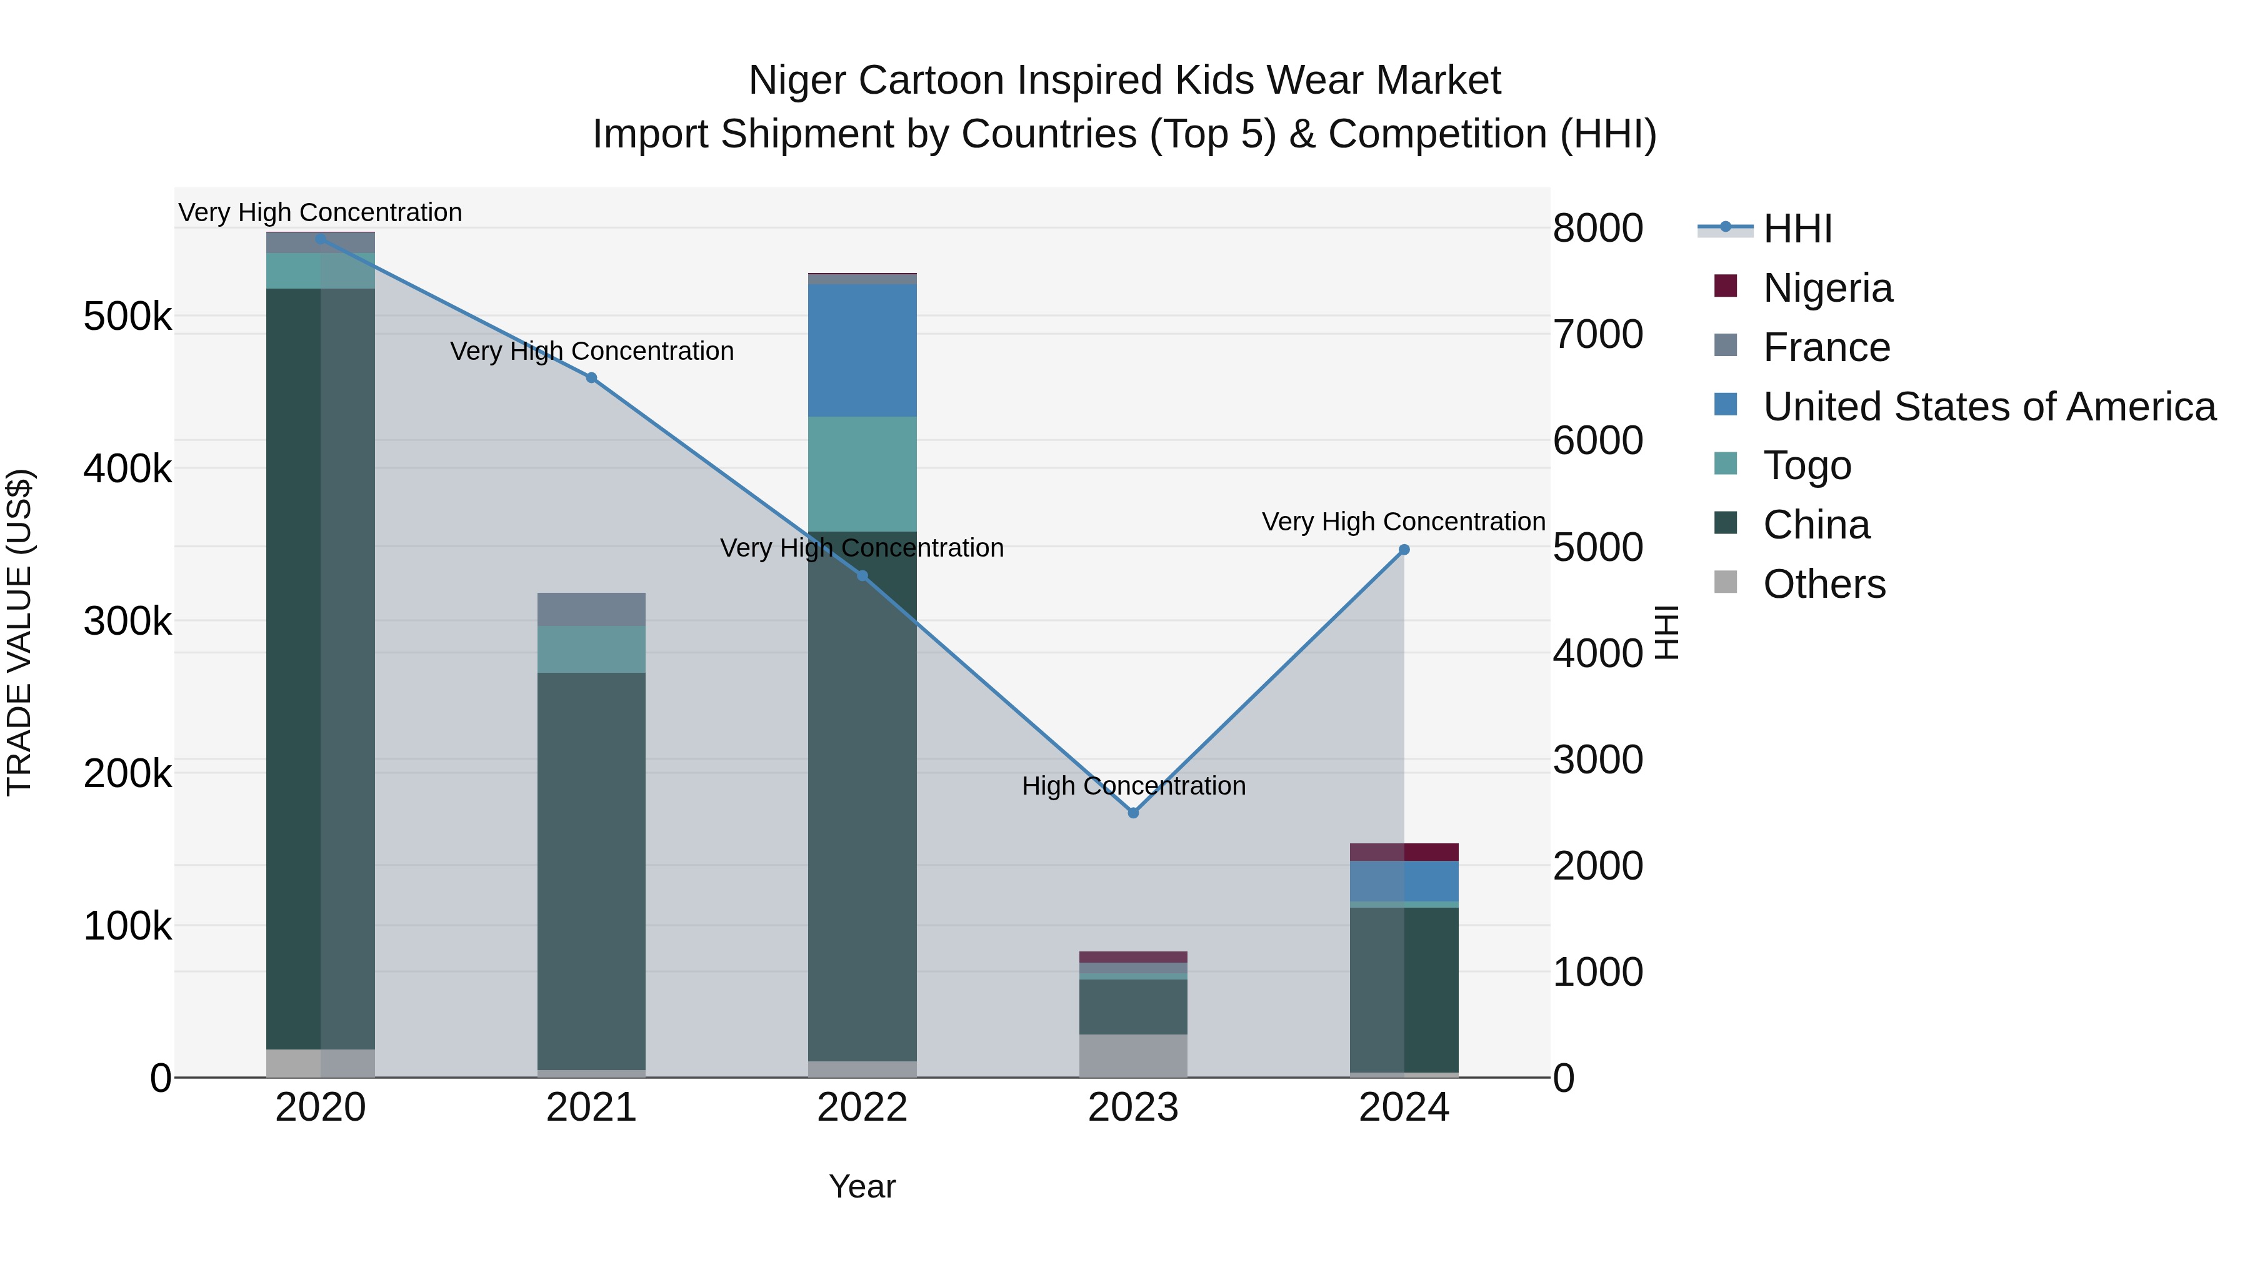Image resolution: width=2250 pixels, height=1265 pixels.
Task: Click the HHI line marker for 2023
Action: pyautogui.click(x=1133, y=813)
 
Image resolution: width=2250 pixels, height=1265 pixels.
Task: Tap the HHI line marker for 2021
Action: pyautogui.click(x=591, y=378)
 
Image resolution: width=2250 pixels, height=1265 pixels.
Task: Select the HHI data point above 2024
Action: pyautogui.click(x=1404, y=550)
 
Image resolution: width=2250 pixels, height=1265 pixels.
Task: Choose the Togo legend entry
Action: pyautogui.click(x=1806, y=465)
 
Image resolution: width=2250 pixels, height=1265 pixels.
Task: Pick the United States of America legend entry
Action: pyautogui.click(x=1988, y=407)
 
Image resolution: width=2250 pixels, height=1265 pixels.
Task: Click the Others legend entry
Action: pyautogui.click(x=1823, y=584)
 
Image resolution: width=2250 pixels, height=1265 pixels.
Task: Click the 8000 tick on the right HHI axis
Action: pyautogui.click(x=1597, y=229)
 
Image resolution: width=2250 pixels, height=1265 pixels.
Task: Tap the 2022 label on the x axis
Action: pyautogui.click(x=862, y=1108)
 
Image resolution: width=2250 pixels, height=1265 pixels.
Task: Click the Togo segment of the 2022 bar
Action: pyautogui.click(x=862, y=474)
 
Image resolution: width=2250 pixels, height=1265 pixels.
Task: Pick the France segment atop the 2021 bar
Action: pyautogui.click(x=591, y=609)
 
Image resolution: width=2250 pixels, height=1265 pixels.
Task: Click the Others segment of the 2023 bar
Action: pyautogui.click(x=1133, y=1056)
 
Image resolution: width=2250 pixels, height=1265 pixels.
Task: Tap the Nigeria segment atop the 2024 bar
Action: pyautogui.click(x=1404, y=852)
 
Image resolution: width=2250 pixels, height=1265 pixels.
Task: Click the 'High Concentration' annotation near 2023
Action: pyautogui.click(x=1133, y=786)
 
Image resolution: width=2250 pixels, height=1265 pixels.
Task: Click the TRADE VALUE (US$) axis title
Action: pyautogui.click(x=19, y=632)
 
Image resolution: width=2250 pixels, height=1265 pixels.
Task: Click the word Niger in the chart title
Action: pyautogui.click(x=797, y=81)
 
